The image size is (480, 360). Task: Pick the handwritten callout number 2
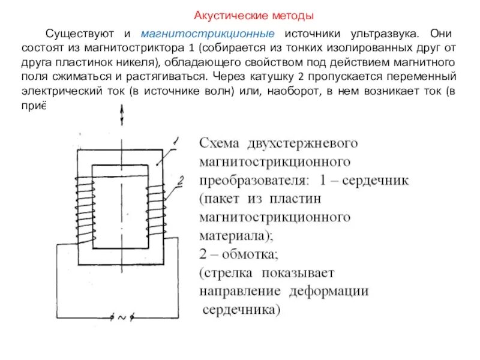pos(180,179)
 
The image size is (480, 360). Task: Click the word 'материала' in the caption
pos(233,235)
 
